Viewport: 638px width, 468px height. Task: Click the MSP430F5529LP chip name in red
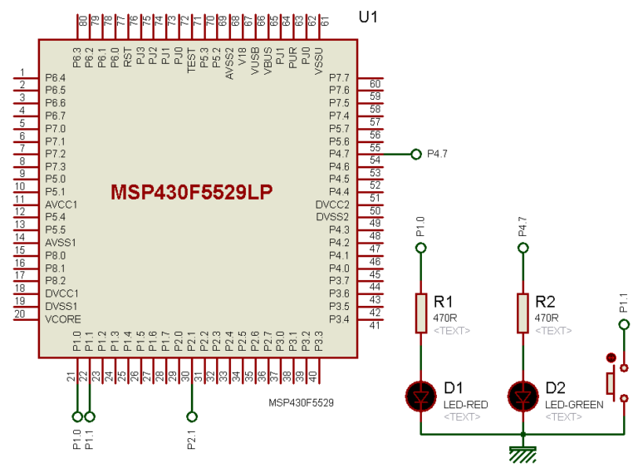192,192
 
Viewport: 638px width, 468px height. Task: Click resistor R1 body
420,313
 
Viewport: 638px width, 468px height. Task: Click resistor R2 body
523,313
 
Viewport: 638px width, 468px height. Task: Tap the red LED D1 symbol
420,397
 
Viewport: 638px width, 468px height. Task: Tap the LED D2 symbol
523,397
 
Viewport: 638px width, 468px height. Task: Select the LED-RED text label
465,405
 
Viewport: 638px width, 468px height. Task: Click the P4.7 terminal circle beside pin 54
416,154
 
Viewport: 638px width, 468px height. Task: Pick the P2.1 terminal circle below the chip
192,416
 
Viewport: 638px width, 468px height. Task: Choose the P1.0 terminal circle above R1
420,248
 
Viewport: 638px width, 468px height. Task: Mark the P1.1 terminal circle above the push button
624,323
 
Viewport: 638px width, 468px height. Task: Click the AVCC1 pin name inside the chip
61,204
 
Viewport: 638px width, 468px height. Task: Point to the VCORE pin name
61,319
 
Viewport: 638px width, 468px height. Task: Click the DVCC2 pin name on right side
332,204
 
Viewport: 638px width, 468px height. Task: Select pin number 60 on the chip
375,84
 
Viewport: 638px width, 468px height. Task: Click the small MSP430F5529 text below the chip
301,403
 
